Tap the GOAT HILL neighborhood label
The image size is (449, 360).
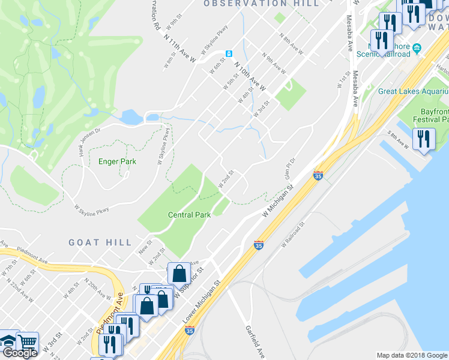[100, 242]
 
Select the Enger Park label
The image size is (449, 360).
[117, 161]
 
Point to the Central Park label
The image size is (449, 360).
[188, 215]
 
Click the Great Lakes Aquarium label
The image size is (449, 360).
[413, 91]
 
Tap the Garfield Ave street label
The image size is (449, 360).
[255, 341]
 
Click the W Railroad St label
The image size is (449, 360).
[294, 234]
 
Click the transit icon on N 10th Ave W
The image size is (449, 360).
[229, 54]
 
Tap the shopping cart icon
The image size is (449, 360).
[28, 343]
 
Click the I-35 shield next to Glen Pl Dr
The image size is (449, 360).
[318, 176]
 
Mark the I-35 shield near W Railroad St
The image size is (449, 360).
[259, 245]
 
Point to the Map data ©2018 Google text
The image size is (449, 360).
[412, 355]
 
